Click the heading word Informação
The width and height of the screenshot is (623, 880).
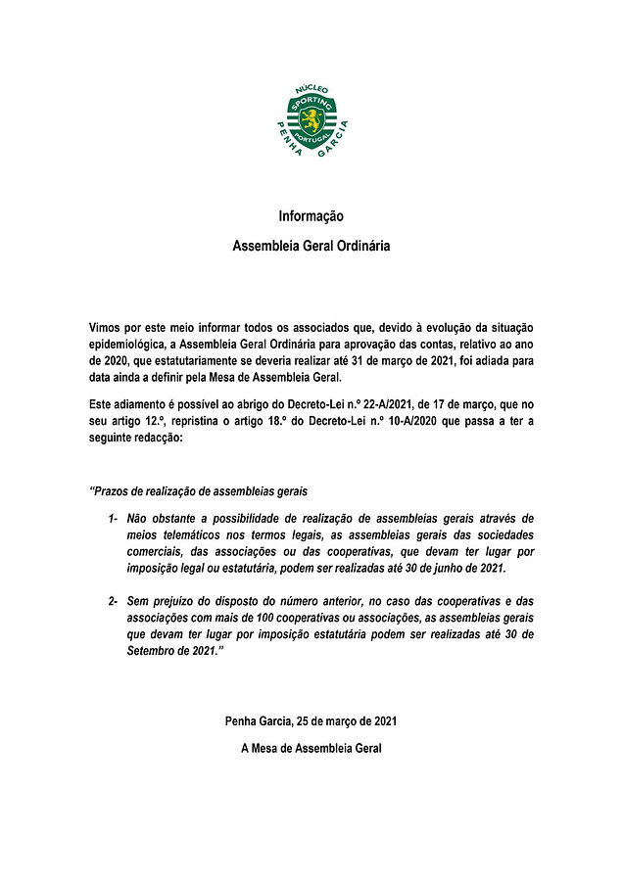(311, 215)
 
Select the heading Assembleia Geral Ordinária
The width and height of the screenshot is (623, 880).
(311, 246)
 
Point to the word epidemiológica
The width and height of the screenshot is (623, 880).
(125, 344)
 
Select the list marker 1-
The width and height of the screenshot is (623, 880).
(115, 517)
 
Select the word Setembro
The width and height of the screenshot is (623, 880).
(154, 652)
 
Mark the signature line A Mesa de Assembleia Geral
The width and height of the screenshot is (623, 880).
(311, 749)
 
